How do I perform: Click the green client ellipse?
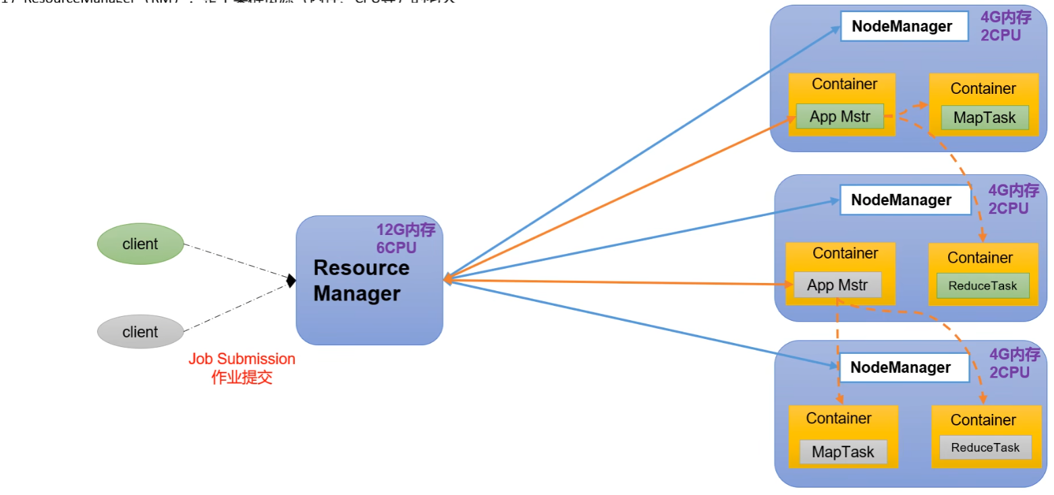click(x=140, y=244)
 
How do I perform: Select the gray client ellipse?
click(x=140, y=332)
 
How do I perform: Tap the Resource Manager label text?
click(x=361, y=280)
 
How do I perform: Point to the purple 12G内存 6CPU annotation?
click(x=406, y=238)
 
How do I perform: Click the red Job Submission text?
click(x=242, y=359)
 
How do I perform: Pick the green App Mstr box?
click(x=839, y=116)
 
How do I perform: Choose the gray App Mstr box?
click(x=837, y=285)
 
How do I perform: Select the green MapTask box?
click(x=984, y=118)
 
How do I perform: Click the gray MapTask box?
click(x=842, y=452)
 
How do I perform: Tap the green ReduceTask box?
click(x=982, y=286)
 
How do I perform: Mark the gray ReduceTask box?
click(x=984, y=447)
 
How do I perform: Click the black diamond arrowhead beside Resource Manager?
click(x=291, y=280)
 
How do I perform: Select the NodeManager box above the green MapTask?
click(x=903, y=26)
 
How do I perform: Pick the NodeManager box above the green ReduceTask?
click(x=902, y=201)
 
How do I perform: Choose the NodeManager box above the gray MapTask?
click(x=901, y=367)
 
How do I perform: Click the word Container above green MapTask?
click(x=982, y=88)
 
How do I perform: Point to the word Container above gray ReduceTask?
click(x=982, y=420)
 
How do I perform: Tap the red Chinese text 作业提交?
click(x=242, y=377)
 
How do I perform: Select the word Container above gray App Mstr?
click(x=845, y=253)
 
